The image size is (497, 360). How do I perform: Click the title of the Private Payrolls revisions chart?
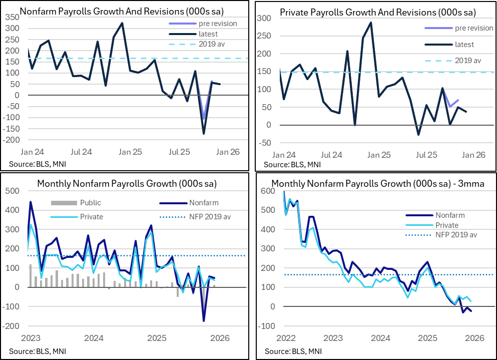click(378, 12)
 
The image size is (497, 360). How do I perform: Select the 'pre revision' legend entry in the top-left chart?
click(217, 23)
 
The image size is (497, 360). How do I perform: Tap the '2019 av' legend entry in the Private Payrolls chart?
click(467, 61)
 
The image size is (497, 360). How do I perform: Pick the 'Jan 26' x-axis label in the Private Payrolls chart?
click(473, 155)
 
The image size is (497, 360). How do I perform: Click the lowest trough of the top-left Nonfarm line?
click(204, 134)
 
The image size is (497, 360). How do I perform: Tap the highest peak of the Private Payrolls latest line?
click(371, 23)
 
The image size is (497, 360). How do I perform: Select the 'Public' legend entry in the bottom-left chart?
click(90, 203)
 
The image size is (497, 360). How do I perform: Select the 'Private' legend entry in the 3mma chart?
click(446, 225)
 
